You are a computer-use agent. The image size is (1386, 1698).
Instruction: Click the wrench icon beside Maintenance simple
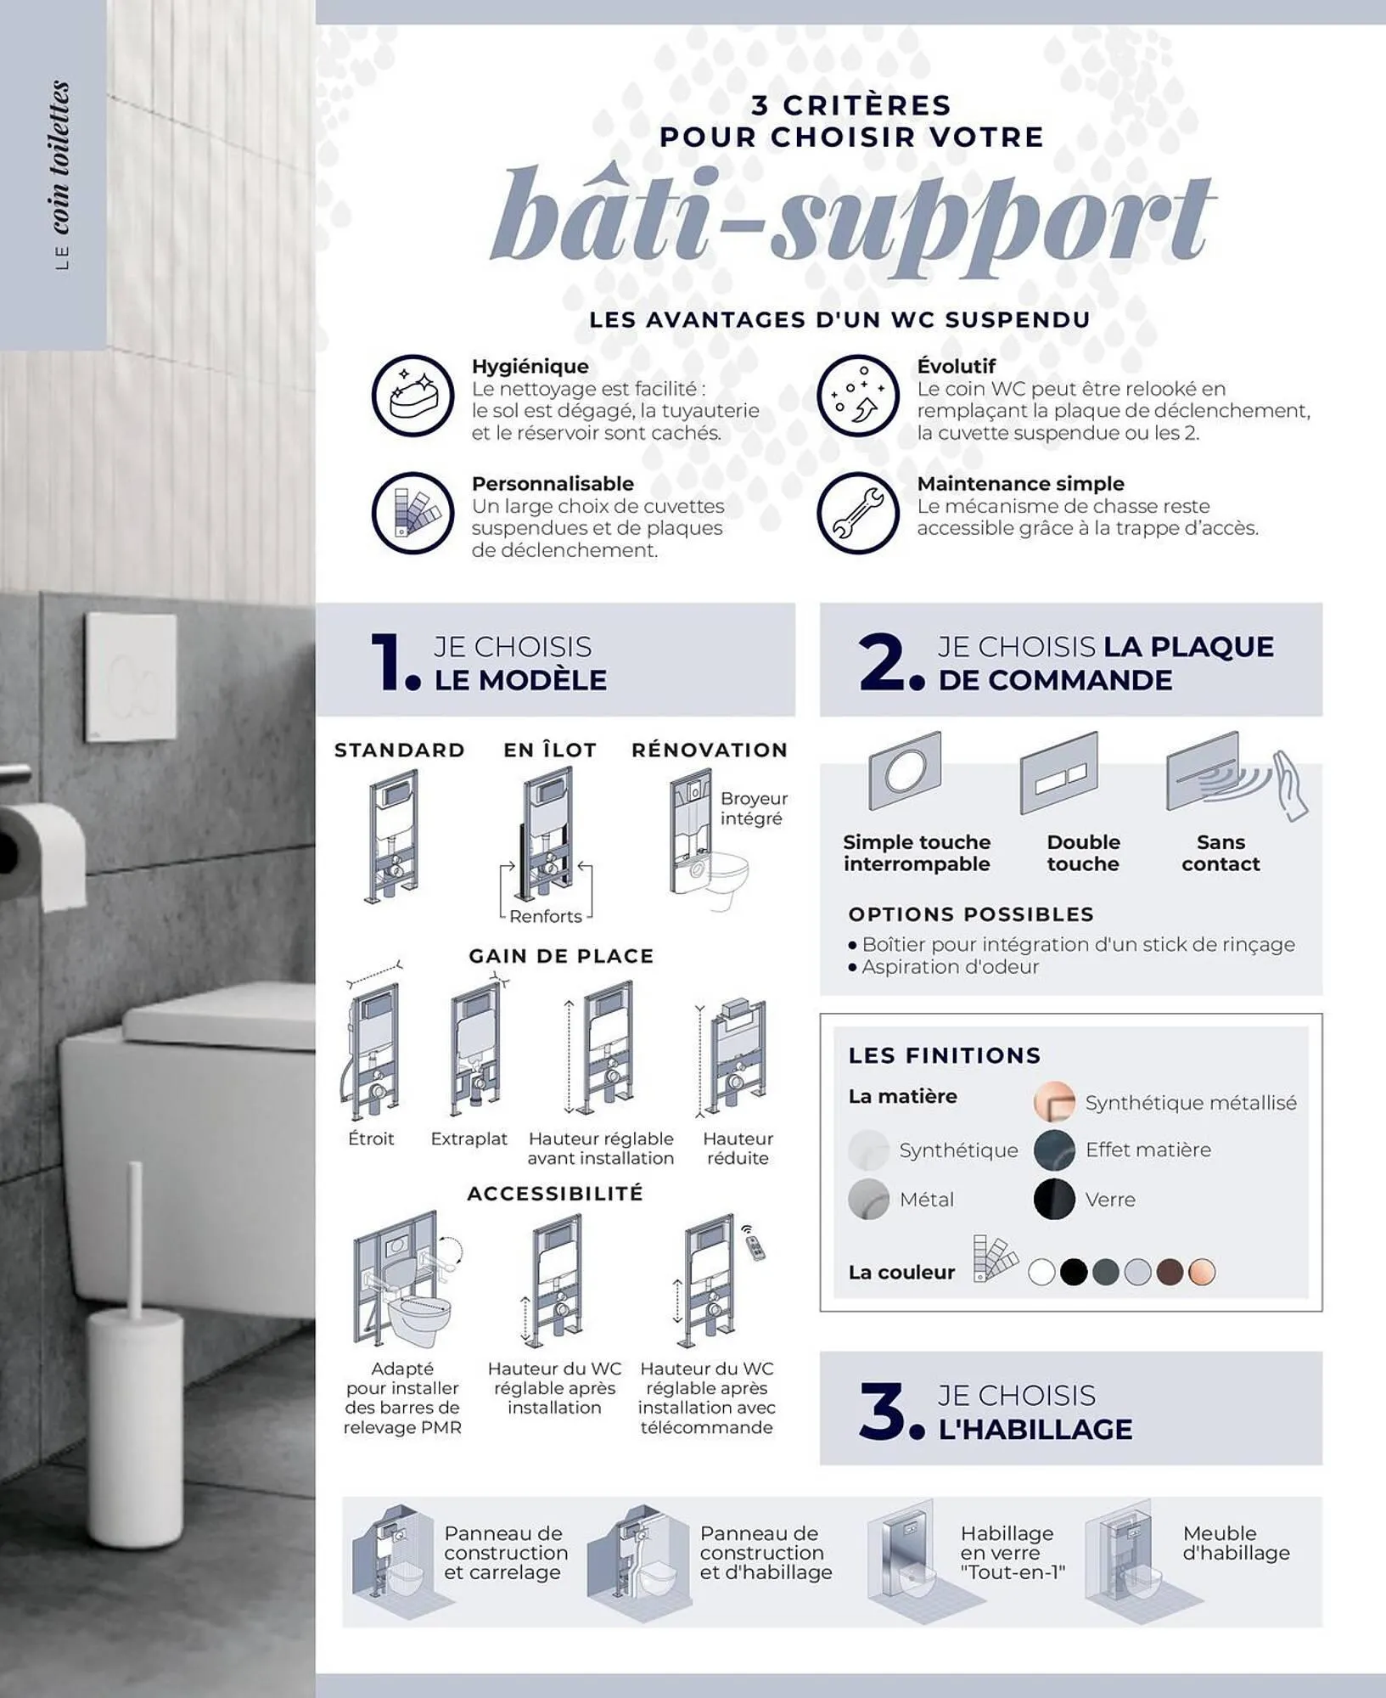(858, 514)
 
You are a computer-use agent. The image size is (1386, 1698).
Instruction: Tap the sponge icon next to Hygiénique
(413, 396)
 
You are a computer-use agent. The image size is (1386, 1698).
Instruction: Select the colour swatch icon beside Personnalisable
(413, 514)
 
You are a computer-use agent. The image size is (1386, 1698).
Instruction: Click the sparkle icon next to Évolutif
(858, 396)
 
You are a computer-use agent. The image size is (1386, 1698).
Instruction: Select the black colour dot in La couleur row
(1074, 1272)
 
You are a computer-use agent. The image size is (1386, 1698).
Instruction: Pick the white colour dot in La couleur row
(1041, 1272)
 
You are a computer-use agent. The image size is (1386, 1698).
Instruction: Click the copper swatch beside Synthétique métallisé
(1054, 1102)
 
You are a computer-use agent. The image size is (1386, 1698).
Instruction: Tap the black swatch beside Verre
(1054, 1199)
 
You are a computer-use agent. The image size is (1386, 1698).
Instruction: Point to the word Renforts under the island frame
(546, 916)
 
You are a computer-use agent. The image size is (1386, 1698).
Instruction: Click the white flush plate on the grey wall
(132, 677)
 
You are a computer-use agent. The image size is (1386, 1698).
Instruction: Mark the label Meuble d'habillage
(1236, 1543)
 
